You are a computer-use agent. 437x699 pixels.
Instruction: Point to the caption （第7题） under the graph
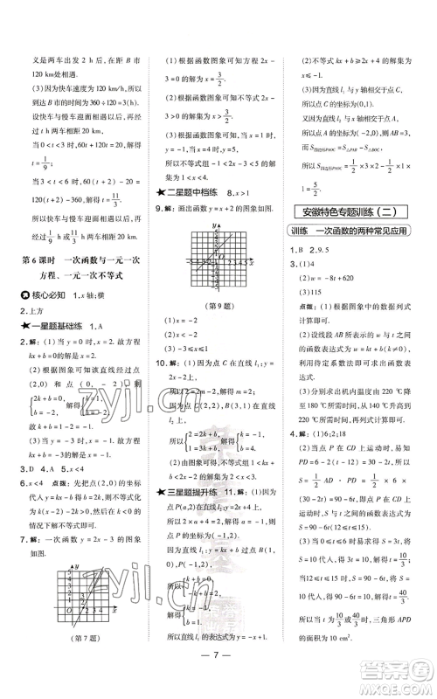76,646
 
